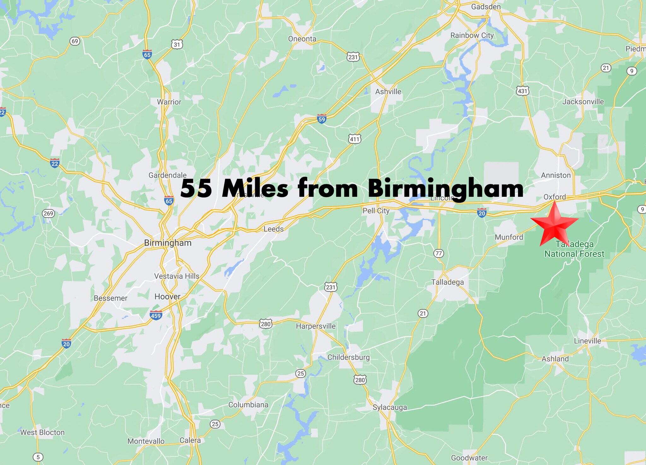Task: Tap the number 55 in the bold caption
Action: pos(196,189)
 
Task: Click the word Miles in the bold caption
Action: pos(255,189)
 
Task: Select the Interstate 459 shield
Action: pos(156,315)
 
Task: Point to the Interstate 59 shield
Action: pos(321,119)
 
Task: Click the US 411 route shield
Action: pos(355,139)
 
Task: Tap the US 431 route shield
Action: pos(522,91)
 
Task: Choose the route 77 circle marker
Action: pos(438,253)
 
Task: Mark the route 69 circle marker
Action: pos(75,41)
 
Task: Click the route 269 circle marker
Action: pos(48,213)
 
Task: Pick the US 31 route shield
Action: pos(177,44)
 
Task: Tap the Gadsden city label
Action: pos(486,7)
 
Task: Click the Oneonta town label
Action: pos(302,39)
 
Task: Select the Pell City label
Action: pos(376,211)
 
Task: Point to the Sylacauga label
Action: pos(390,407)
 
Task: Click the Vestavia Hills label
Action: pos(177,276)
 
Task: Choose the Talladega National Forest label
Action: pos(574,249)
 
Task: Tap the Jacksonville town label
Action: pos(583,102)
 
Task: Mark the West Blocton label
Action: pos(42,432)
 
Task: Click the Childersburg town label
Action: pos(348,357)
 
